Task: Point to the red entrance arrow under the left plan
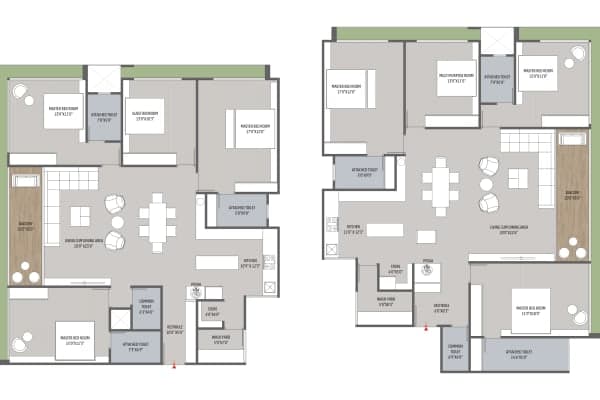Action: pyautogui.click(x=175, y=365)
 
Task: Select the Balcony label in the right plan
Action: pyautogui.click(x=572, y=197)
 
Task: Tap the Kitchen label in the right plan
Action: pyautogui.click(x=354, y=231)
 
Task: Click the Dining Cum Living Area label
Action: pyautogui.click(x=80, y=243)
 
